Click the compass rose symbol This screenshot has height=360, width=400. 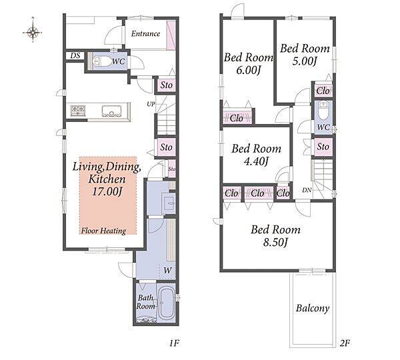33,32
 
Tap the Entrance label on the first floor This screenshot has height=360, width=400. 145,34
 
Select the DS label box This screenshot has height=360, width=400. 75,56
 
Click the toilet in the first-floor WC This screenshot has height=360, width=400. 98,61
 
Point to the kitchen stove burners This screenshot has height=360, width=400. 78,111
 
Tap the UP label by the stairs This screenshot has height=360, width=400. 151,104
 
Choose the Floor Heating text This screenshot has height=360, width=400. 103,231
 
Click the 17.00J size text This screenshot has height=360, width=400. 107,191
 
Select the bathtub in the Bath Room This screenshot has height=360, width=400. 166,304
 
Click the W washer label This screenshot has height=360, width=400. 167,270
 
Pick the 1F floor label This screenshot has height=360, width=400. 174,343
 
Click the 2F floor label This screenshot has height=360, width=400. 344,343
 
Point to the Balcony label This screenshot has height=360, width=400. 313,308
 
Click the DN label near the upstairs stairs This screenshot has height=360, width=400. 307,190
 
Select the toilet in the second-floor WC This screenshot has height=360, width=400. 324,111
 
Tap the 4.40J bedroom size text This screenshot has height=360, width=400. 256,161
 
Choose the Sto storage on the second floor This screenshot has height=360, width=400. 323,147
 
